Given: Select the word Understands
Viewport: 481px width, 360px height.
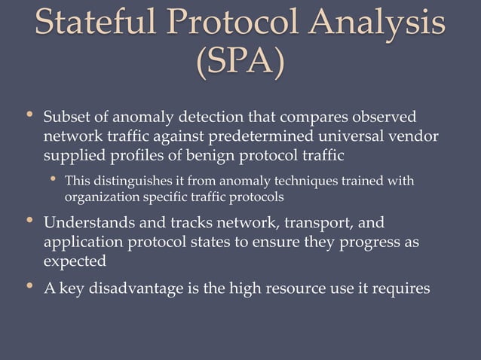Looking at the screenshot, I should click(90, 224).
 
